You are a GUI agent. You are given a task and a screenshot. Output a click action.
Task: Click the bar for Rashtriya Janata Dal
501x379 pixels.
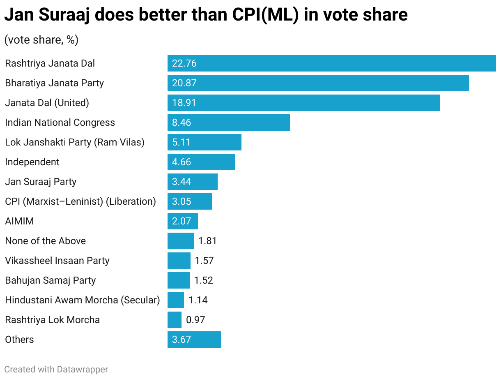point(331,63)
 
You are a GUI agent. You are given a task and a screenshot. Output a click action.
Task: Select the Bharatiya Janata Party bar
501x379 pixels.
point(318,83)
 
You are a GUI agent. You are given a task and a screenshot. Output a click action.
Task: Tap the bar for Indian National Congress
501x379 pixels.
point(228,122)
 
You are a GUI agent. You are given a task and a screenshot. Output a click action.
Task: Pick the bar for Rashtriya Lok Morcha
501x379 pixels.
point(174,320)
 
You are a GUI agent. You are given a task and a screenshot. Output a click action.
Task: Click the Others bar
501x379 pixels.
point(194,340)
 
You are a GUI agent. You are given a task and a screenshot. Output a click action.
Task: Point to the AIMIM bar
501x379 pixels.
point(182,221)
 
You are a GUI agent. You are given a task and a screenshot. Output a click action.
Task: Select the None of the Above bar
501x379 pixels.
point(180,241)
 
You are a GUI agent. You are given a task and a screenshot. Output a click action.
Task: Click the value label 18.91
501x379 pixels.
point(184,103)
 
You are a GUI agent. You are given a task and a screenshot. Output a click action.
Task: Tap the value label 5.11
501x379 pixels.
point(182,142)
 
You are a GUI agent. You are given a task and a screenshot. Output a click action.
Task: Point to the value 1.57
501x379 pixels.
point(204,261)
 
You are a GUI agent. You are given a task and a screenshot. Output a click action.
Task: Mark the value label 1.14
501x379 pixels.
point(198,300)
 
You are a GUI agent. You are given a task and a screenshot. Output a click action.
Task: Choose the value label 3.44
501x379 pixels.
point(182,182)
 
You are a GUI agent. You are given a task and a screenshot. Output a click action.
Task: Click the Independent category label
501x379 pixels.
point(32,162)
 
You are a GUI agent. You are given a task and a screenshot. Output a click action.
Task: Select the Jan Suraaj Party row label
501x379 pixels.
point(41,182)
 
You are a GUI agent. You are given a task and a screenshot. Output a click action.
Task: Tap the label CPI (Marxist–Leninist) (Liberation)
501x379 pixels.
point(80,201)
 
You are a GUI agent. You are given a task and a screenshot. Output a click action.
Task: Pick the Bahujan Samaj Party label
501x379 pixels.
point(50,280)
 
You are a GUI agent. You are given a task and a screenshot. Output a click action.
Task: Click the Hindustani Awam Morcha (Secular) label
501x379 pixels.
point(82,300)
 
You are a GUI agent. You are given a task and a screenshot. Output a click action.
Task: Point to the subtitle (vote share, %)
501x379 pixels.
point(41,40)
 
